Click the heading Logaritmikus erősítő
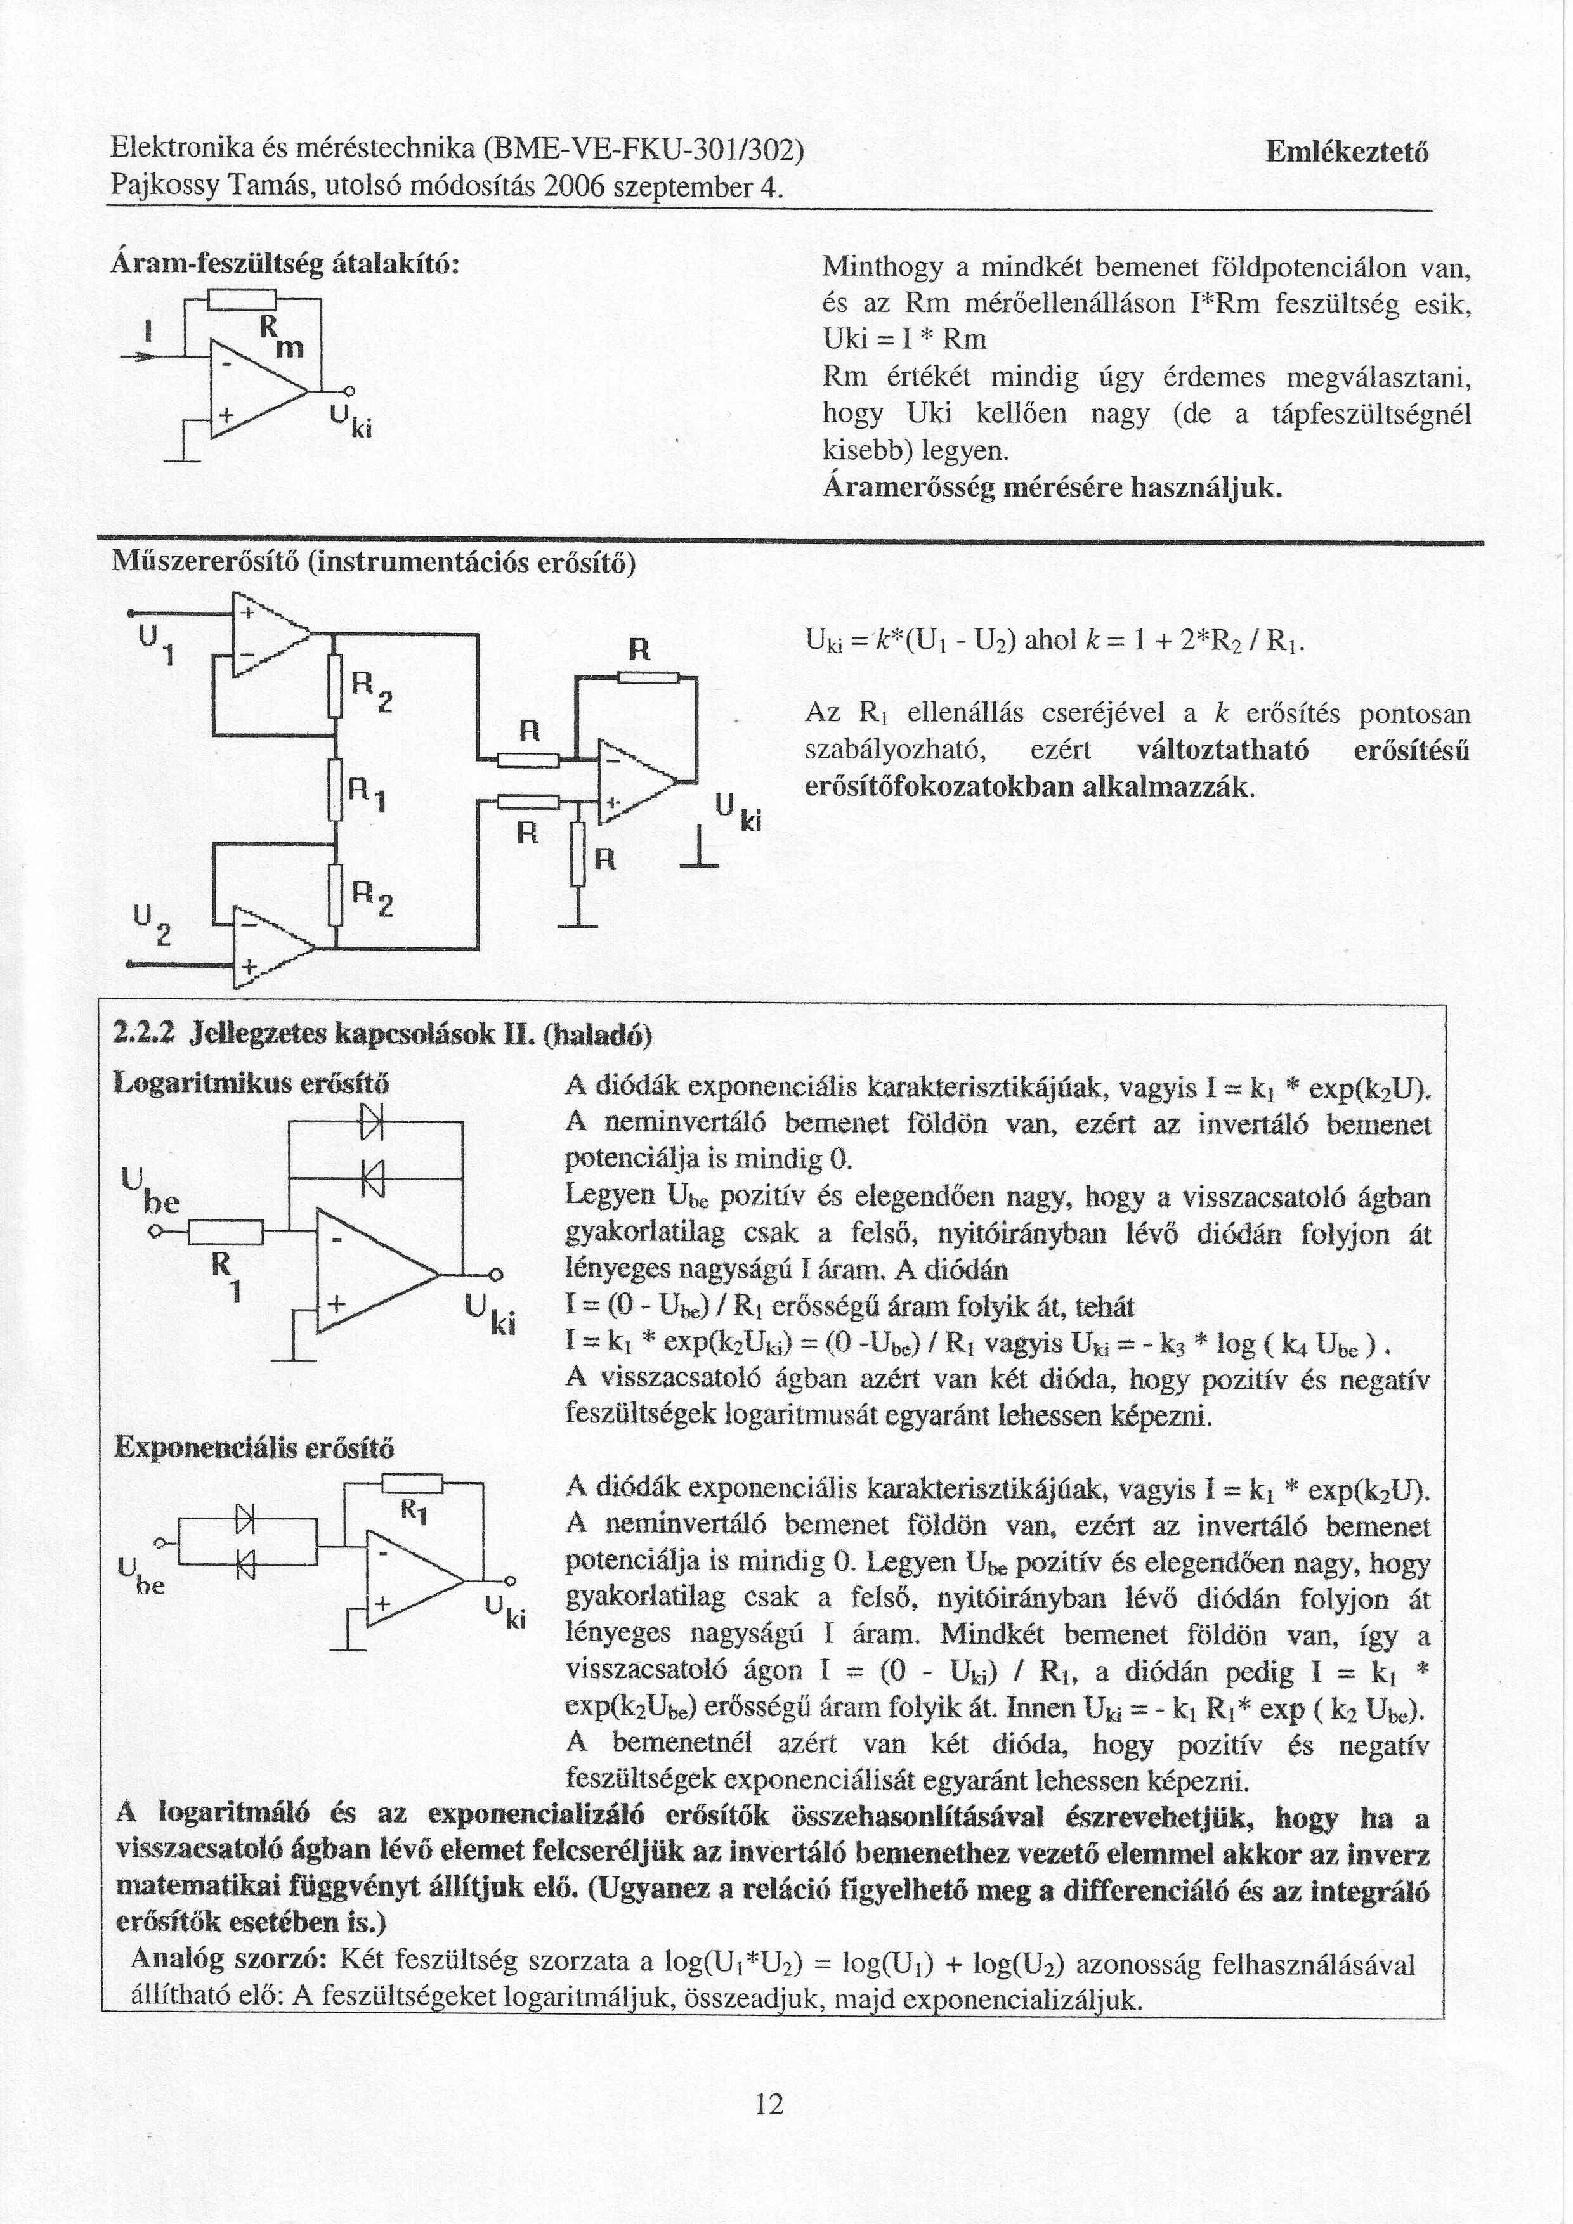click(x=251, y=1082)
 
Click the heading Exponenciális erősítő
click(x=254, y=1449)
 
